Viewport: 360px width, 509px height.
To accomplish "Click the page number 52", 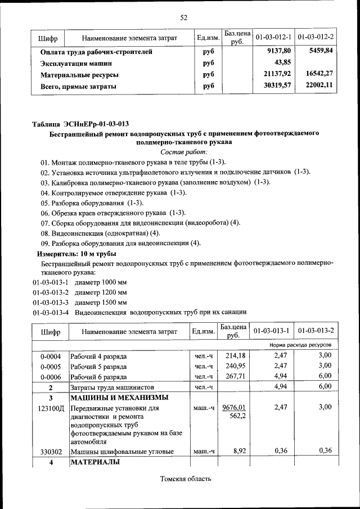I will (183, 17).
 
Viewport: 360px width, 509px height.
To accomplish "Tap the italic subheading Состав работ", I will (184, 152).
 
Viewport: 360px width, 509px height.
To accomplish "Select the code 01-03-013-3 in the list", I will (51, 303).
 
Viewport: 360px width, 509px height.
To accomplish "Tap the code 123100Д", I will (50, 407).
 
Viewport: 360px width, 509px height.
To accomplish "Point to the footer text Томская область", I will (185, 479).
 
